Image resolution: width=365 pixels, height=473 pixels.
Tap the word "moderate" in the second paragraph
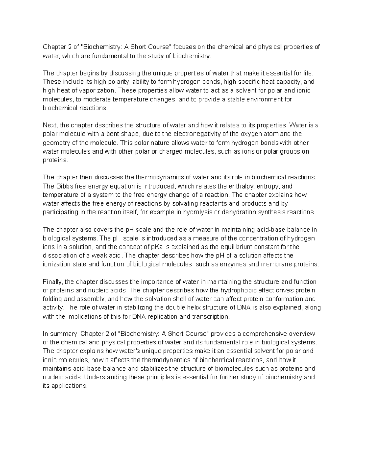coord(97,99)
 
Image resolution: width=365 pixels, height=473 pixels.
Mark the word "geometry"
coord(55,143)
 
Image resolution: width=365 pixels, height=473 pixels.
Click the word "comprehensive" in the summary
coord(268,334)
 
